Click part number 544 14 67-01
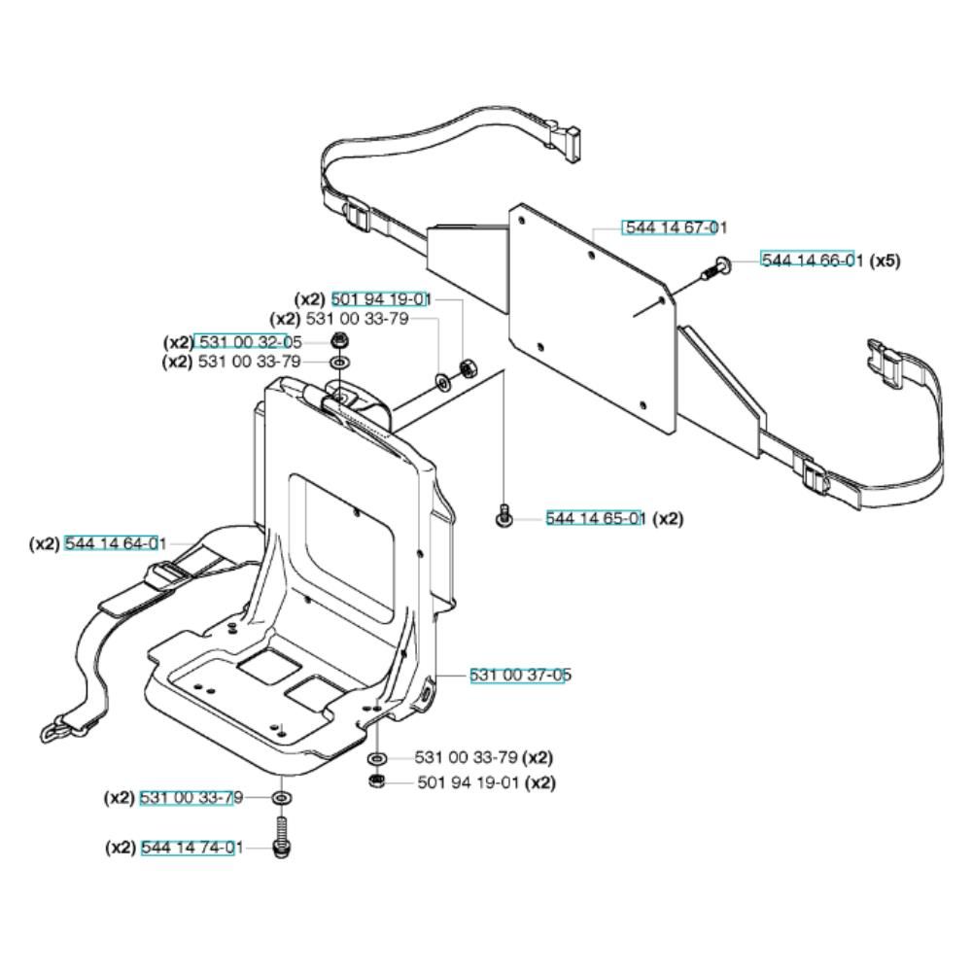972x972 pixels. point(676,227)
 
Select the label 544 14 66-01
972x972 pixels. point(812,260)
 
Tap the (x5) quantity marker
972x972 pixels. point(885,260)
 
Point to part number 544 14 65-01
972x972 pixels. point(596,518)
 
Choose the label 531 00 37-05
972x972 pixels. point(520,675)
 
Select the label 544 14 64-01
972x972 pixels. point(116,543)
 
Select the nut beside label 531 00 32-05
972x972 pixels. point(338,340)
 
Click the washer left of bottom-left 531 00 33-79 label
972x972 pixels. point(282,797)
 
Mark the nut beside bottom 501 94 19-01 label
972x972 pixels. point(375,781)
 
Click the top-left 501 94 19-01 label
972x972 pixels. point(381,299)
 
